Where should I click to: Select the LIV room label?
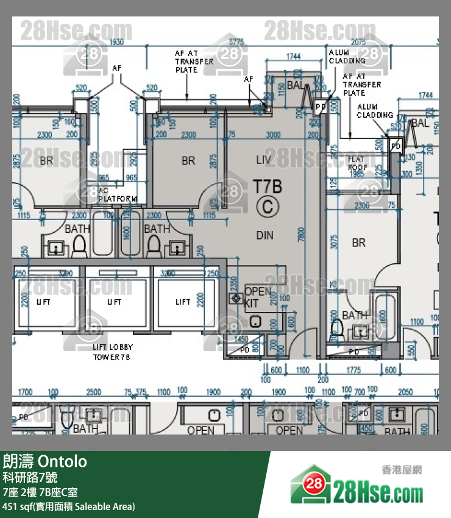tap(264, 160)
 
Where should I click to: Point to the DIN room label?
tap(265, 235)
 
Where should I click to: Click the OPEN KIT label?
tap(258, 297)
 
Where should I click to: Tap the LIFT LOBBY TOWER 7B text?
tap(113, 352)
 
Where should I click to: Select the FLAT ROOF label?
tap(357, 163)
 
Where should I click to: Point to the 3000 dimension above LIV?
tap(273, 135)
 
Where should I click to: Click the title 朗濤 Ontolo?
tap(45, 461)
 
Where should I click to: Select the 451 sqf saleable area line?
tap(69, 506)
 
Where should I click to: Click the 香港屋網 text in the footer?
tap(401, 470)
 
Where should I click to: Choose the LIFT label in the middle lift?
tap(114, 302)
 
